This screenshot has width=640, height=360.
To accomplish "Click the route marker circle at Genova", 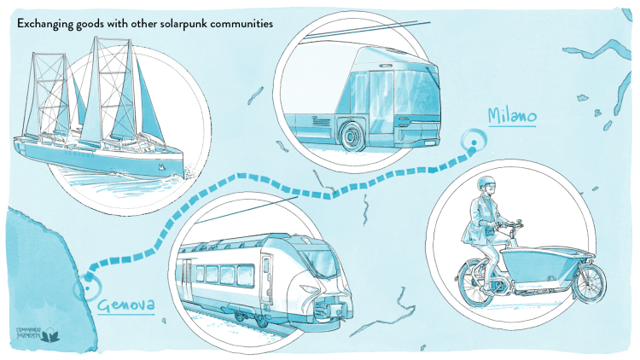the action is point(85,287).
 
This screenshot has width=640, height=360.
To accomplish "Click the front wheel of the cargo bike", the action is point(590,282).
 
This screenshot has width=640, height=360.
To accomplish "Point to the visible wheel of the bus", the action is point(352,135).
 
